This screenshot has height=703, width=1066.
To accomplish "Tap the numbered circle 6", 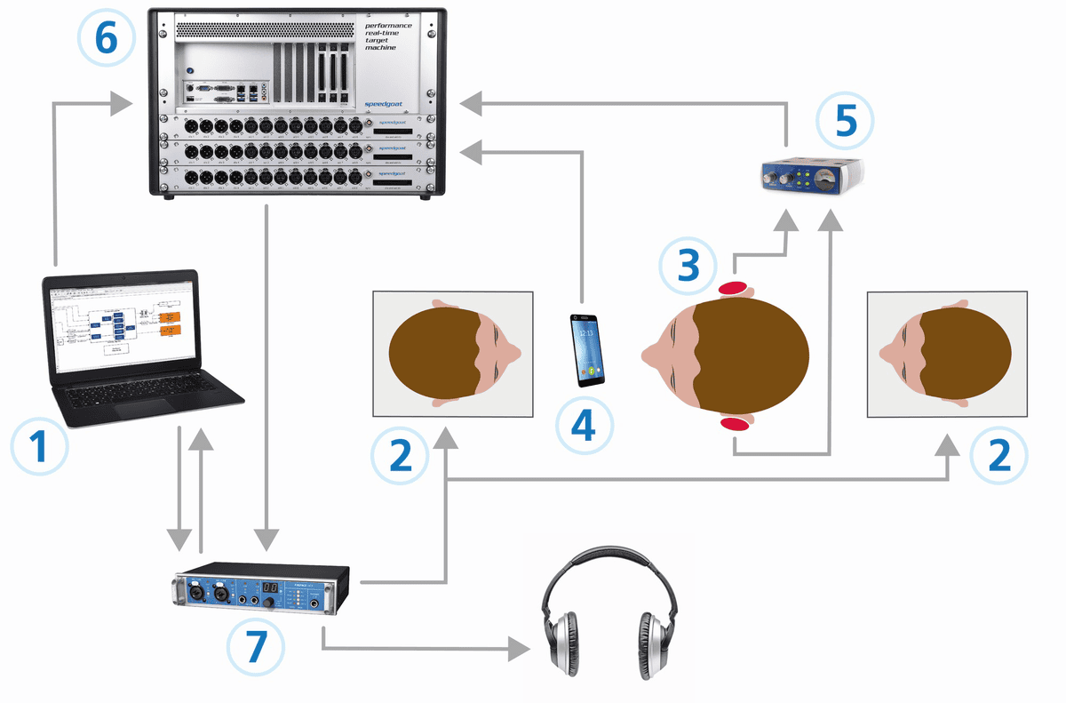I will click(x=107, y=38).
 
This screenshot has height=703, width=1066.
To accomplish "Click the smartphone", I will click(x=587, y=349).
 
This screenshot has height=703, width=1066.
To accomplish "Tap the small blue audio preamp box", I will click(x=814, y=176).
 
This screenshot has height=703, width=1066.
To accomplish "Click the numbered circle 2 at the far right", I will click(x=999, y=455).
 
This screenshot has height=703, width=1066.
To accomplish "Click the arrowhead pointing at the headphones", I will click(x=524, y=648).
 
